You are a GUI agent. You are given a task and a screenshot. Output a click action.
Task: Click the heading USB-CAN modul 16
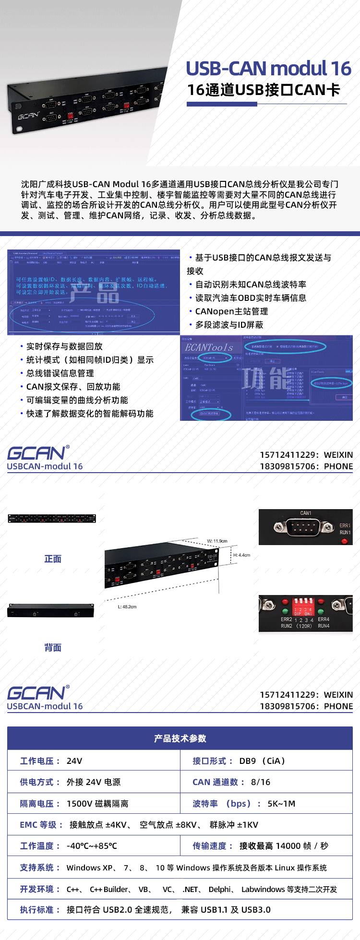pos(268,69)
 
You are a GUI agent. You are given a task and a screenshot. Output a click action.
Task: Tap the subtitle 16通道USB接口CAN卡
pos(264,90)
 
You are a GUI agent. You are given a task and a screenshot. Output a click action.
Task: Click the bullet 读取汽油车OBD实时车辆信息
pos(251,298)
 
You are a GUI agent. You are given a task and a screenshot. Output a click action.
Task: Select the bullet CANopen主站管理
pos(231,311)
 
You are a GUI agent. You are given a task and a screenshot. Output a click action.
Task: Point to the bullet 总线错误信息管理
pos(60,373)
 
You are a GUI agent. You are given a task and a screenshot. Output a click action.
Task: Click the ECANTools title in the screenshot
pos(209,347)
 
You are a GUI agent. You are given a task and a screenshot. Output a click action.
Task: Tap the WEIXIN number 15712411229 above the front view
pos(288,455)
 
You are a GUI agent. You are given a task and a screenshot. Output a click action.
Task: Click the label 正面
pos(53,559)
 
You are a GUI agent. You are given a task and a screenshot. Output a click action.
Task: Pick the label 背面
pos(53,648)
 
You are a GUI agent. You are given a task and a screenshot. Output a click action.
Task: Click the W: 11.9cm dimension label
pos(217,541)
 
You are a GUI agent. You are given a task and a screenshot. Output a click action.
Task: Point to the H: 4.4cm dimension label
pos(242,555)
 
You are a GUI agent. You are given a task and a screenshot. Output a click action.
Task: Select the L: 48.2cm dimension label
pos(127,607)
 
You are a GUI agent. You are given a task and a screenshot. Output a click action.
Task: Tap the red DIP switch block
pos(303,604)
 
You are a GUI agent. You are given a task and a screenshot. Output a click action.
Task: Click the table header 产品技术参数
pos(180,738)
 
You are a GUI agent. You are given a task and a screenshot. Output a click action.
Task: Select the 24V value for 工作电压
pos(74,761)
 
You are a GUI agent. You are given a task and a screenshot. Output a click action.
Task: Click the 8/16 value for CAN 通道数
pos(261,782)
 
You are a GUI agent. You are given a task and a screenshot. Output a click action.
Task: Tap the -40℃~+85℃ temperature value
pos(92,846)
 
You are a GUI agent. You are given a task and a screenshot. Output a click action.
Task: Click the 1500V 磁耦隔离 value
pos(97,804)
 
